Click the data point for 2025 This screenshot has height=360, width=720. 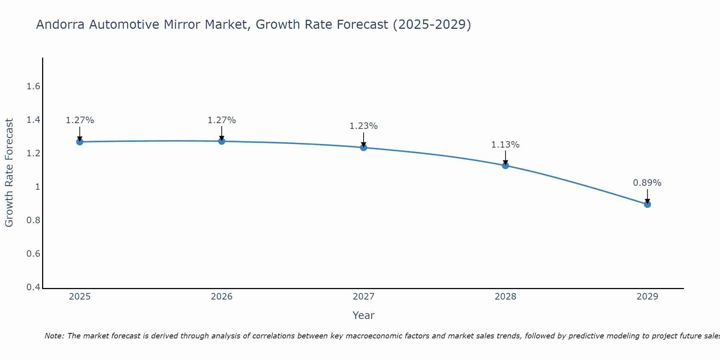80,142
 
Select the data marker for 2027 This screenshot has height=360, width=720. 364,148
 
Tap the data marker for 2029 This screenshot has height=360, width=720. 647,204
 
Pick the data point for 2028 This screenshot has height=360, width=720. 505,166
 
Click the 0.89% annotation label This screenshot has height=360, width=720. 647,183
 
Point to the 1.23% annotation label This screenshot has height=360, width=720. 364,126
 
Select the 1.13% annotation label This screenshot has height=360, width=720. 505,145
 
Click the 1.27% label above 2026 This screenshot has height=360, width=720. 222,120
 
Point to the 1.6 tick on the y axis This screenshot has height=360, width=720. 33,86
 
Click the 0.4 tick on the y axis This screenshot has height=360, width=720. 33,287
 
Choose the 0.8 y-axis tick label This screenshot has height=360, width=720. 33,220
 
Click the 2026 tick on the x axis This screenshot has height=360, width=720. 222,297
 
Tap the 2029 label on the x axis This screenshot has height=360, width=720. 647,297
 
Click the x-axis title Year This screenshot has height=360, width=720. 364,315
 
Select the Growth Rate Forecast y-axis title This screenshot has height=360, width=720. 9,173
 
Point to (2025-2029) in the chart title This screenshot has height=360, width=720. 432,24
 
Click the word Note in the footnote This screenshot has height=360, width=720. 54,336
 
